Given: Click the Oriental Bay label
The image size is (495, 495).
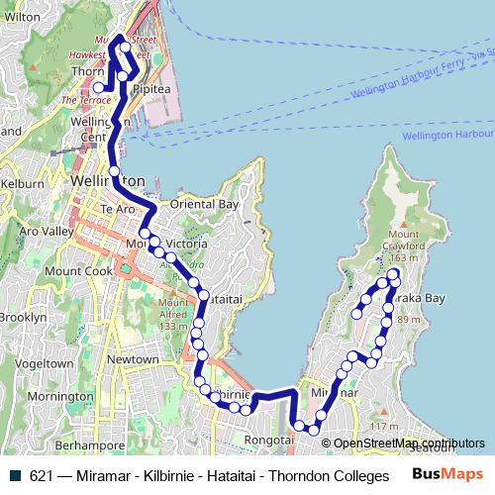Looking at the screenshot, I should click(x=206, y=204).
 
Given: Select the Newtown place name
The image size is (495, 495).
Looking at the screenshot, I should click(x=133, y=358).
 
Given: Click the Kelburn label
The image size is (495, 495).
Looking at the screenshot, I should click(x=22, y=184).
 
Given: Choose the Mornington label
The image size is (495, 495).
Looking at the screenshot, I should click(x=60, y=397).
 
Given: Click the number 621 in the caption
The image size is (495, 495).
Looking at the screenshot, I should click(x=41, y=476).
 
